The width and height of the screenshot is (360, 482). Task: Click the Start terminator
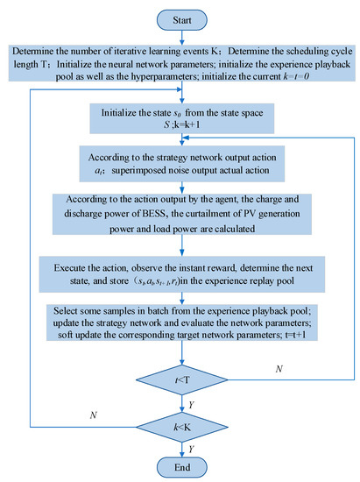[180, 18]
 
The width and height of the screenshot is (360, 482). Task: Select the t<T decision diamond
[180, 379]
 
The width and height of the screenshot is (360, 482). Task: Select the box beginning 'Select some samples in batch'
[180, 316]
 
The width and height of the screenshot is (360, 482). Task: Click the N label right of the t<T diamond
[279, 369]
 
